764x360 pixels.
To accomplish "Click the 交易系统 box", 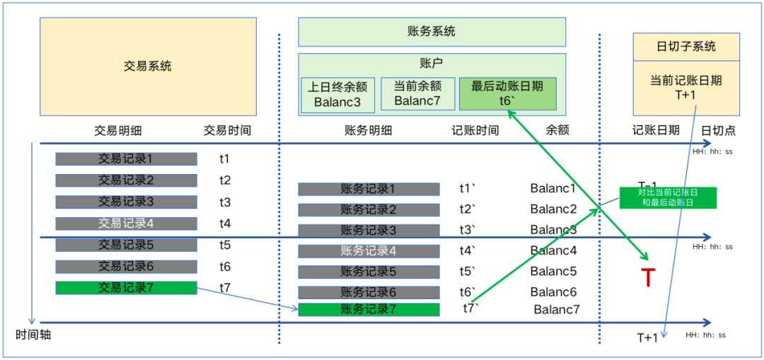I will tap(147, 66).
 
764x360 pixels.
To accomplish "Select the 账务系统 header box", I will tap(432, 32).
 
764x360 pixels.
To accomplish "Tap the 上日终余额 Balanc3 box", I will tap(338, 93).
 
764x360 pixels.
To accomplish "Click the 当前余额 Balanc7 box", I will tap(417, 93).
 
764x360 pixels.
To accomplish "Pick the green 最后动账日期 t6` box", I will tap(507, 93).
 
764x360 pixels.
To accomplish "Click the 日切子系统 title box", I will tap(685, 47).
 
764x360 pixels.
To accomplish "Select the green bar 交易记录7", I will tap(126, 288).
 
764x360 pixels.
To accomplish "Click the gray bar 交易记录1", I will tap(126, 160).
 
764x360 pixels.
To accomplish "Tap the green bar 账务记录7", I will tap(369, 309).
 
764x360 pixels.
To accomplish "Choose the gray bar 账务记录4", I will tap(369, 251).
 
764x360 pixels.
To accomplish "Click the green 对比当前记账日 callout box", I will tap(667, 197).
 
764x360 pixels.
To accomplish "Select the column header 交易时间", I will tap(227, 131).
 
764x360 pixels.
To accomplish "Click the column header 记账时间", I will tap(475, 131).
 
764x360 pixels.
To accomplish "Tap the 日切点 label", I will tap(717, 131).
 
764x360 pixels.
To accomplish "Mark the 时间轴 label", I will tap(33, 335).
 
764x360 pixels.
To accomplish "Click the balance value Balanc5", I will tap(553, 272).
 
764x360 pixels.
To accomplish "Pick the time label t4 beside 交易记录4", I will tap(225, 223).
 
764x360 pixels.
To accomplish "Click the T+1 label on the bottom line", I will tap(647, 337).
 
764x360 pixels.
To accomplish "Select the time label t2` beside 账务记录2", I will tap(468, 209).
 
